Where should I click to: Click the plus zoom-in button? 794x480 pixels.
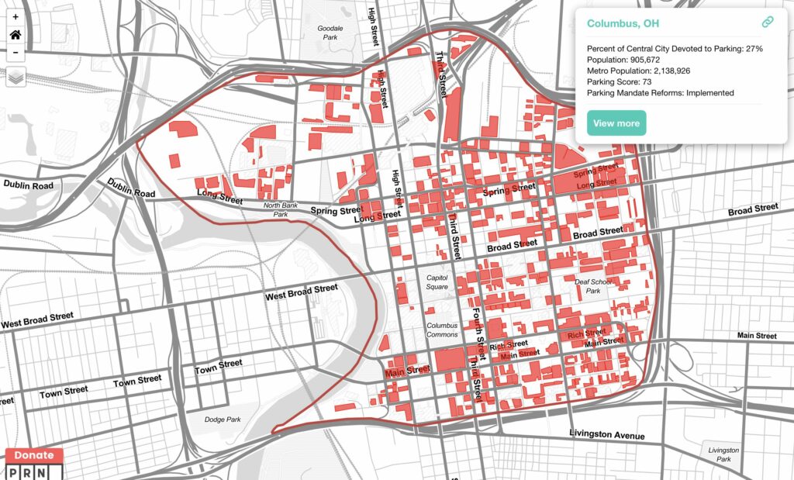16,16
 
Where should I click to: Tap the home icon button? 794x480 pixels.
16,35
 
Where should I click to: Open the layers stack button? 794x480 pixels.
16,77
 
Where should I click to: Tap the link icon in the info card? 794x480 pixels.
767,22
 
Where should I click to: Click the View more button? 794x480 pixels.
616,123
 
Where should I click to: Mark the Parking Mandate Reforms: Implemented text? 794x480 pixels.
660,92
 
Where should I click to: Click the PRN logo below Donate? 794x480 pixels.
33,471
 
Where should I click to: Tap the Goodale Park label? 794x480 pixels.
330,33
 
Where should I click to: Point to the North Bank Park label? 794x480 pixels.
280,209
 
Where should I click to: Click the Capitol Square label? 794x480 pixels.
437,282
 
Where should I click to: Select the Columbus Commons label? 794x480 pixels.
443,330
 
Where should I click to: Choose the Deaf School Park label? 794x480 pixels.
593,287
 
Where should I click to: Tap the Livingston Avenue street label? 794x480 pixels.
607,434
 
